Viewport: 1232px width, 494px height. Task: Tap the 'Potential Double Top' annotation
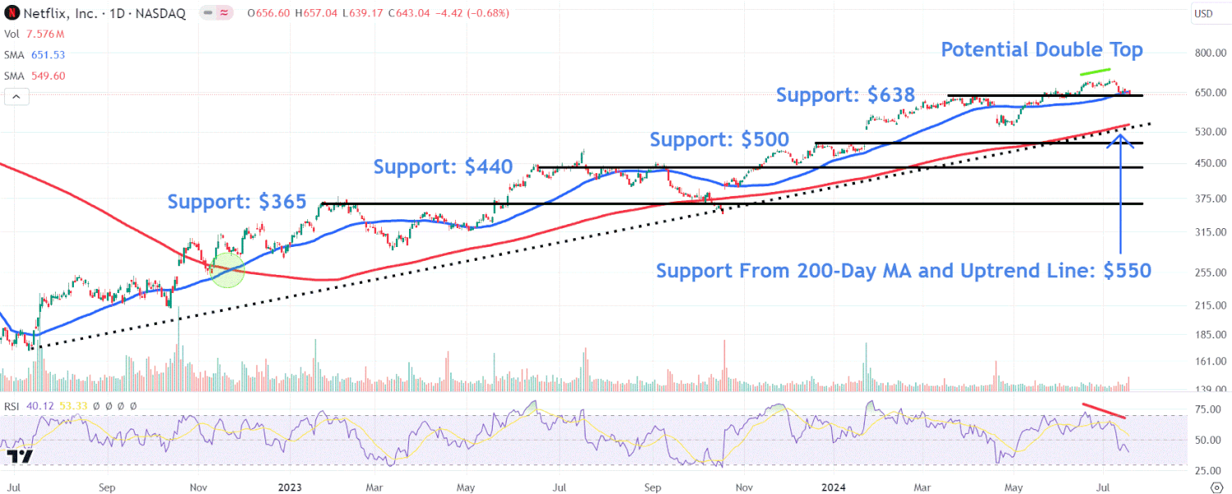1041,50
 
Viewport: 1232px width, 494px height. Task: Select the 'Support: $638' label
845,95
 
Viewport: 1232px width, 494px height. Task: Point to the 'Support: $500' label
719,140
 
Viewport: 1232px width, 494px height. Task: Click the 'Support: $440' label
443,167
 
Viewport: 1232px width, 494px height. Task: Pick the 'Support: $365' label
237,202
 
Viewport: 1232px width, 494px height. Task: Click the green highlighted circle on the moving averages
228,270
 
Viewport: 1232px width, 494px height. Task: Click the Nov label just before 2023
199,486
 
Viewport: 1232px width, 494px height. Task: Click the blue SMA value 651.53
48,55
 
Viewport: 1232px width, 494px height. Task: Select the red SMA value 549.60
48,75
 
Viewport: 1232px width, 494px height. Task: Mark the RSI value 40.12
36,406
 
